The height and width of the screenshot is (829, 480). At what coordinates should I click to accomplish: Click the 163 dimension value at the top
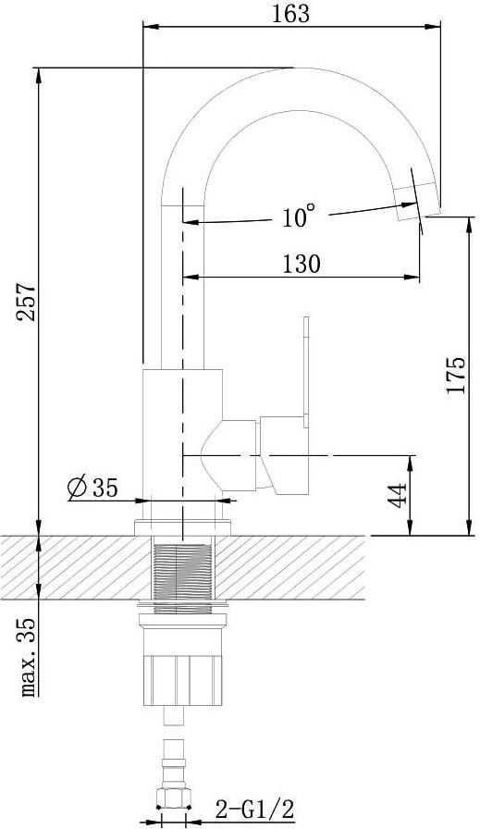290,13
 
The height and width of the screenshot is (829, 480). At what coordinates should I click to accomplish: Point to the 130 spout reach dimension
302,263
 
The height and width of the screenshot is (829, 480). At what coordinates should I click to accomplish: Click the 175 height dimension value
456,376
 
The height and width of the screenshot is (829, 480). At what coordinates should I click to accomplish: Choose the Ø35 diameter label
93,487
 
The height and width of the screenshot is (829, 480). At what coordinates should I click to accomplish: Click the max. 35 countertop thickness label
28,657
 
